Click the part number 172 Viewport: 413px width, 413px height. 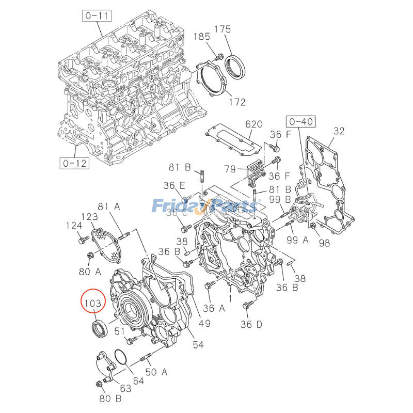pos(237,102)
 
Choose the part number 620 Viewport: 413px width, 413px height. pos(254,124)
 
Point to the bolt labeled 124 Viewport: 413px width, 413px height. pos(81,241)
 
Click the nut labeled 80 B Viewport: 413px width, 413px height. pos(99,384)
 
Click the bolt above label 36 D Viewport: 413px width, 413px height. pos(248,305)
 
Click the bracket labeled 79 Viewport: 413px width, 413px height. pos(255,170)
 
